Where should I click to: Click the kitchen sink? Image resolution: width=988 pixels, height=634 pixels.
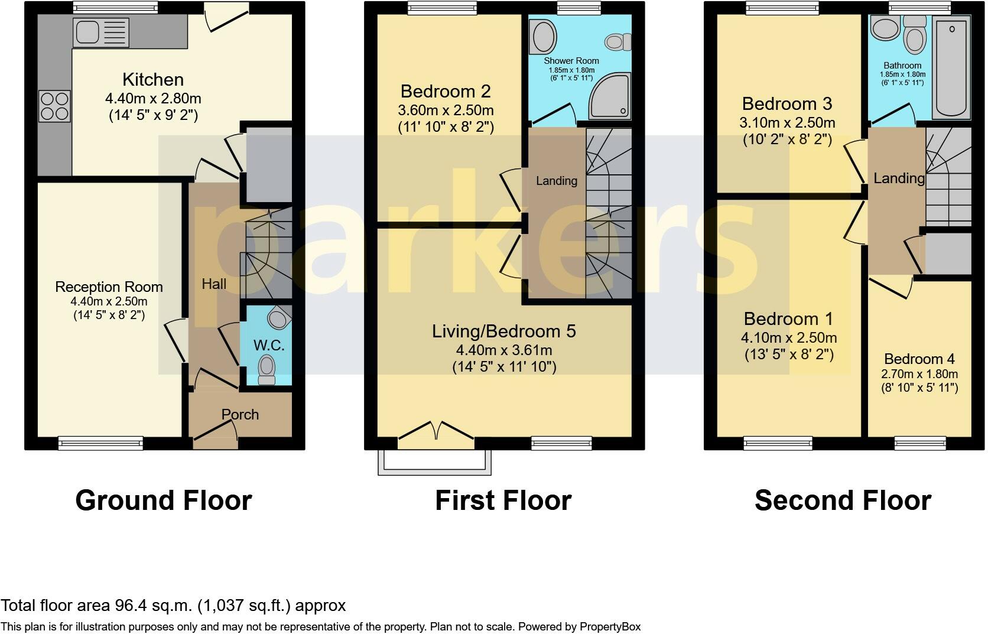pyautogui.click(x=101, y=32)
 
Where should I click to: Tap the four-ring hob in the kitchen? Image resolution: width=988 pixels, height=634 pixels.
pyautogui.click(x=55, y=106)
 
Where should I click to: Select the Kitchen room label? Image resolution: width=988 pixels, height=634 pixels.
pyautogui.click(x=153, y=80)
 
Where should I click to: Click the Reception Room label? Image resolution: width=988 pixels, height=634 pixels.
pyautogui.click(x=109, y=287)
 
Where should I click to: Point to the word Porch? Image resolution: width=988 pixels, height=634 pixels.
pyautogui.click(x=240, y=414)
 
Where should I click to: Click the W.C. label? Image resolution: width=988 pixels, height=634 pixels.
pyautogui.click(x=269, y=345)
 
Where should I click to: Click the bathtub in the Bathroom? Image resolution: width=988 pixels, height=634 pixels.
pyautogui.click(x=951, y=67)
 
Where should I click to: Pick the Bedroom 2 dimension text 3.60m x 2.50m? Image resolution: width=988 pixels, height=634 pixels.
pyautogui.click(x=446, y=110)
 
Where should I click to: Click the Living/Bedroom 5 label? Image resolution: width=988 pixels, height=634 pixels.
pyautogui.click(x=503, y=331)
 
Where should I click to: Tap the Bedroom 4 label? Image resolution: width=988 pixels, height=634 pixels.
pyautogui.click(x=919, y=359)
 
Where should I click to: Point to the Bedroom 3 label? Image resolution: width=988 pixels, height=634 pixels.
pyautogui.click(x=787, y=104)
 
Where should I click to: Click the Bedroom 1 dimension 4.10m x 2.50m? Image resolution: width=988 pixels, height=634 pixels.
pyautogui.click(x=789, y=338)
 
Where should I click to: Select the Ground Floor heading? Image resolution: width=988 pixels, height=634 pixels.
pyautogui.click(x=164, y=500)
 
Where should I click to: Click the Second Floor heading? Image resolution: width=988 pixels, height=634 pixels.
pyautogui.click(x=843, y=500)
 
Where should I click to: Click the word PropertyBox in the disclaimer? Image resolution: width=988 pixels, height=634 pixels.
pyautogui.click(x=610, y=626)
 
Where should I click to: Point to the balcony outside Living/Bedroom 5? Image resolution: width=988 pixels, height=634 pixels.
pyautogui.click(x=434, y=463)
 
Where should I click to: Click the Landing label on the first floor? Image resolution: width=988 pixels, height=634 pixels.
pyautogui.click(x=557, y=181)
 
